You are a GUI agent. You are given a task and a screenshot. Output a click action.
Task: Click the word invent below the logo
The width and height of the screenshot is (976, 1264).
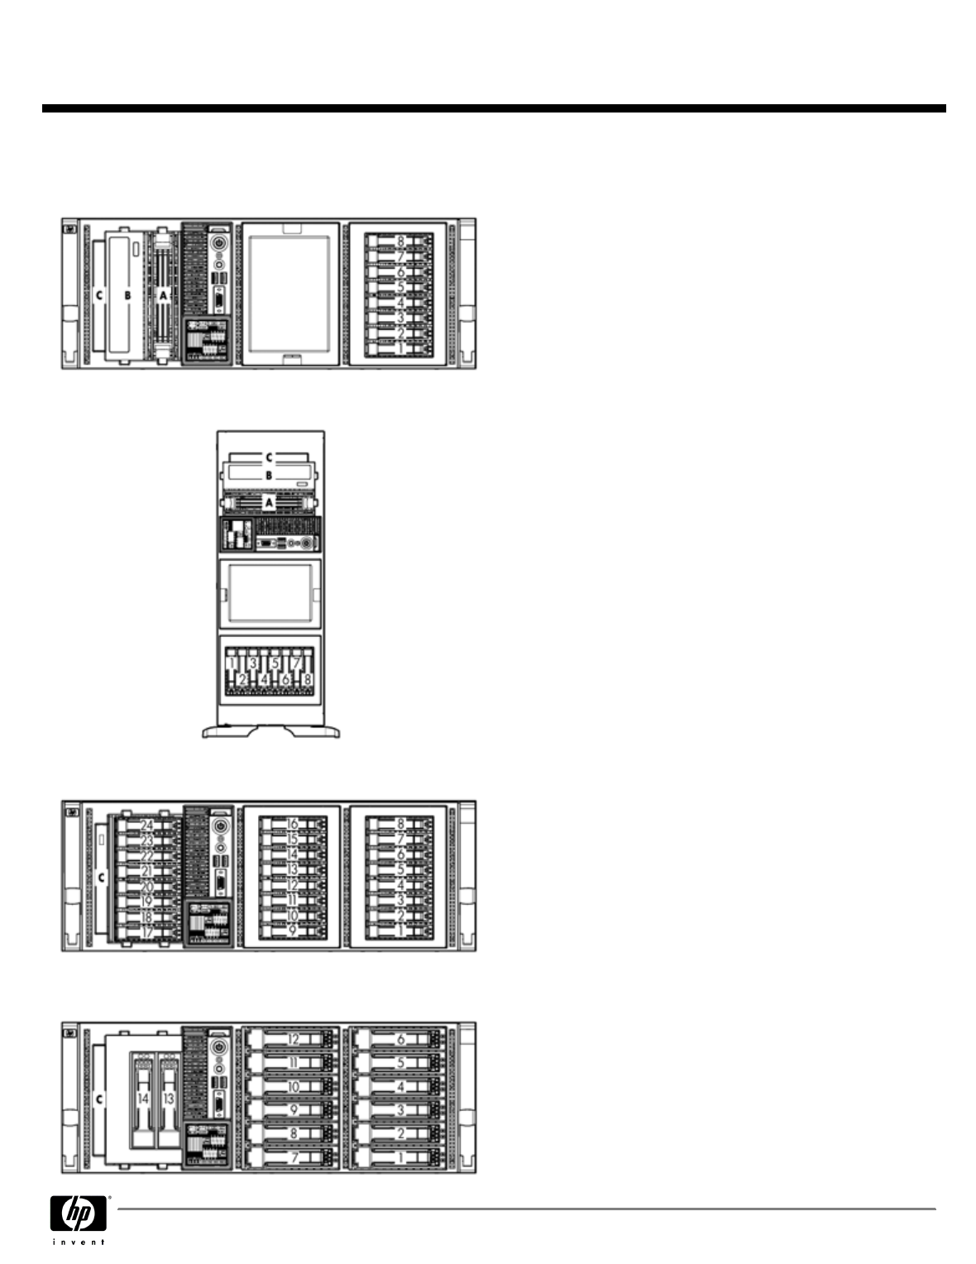[x=79, y=1242]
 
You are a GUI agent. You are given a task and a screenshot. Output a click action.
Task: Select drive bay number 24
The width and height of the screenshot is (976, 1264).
[x=147, y=826]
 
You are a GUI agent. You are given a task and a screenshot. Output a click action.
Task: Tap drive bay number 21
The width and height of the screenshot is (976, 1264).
[x=147, y=870]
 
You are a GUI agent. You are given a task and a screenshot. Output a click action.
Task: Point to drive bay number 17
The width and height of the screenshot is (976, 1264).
[x=147, y=931]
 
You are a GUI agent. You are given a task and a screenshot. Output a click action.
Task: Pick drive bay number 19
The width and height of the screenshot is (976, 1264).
[x=147, y=901]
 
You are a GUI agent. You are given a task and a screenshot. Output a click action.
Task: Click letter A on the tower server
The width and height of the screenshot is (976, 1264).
[x=268, y=501]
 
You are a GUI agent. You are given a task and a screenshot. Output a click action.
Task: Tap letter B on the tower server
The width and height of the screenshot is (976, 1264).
[x=268, y=476]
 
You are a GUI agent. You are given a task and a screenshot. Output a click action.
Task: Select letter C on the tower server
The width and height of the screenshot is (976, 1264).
[x=268, y=456]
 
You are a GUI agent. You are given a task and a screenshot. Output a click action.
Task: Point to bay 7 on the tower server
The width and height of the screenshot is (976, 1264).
[x=296, y=663]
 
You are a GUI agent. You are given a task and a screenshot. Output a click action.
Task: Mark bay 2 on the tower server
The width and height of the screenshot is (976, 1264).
[x=242, y=679]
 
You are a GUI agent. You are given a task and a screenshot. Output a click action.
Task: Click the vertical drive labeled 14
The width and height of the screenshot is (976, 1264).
[x=143, y=1099]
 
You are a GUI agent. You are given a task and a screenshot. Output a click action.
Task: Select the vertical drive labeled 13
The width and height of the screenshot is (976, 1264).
[x=169, y=1099]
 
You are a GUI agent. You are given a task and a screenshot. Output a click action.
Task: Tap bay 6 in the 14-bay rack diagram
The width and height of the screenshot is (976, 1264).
[x=400, y=1039]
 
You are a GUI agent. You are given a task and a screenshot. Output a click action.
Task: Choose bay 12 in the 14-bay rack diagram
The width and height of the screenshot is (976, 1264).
[x=293, y=1039]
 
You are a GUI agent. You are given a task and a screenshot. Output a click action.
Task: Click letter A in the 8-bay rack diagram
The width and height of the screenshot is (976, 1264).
[x=163, y=294]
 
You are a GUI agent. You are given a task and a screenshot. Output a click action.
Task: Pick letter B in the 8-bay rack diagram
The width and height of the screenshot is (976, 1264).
[x=127, y=294]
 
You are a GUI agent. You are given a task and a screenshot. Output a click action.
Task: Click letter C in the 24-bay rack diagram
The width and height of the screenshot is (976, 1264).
[x=101, y=876]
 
